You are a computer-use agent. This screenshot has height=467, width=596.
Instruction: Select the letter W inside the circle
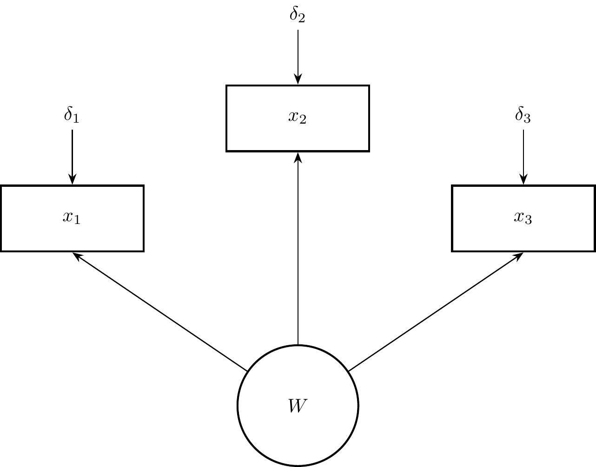point(298,406)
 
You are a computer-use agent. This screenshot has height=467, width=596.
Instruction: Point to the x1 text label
point(72,217)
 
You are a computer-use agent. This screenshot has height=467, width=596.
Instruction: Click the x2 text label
point(298,118)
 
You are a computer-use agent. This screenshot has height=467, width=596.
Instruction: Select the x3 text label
point(523,217)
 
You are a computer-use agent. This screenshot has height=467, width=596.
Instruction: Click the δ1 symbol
point(72,115)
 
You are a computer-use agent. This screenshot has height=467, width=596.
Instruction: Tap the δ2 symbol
point(298,15)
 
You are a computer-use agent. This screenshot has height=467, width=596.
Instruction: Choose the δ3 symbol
point(523,115)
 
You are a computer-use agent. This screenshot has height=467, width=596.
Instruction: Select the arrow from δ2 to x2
point(298,56)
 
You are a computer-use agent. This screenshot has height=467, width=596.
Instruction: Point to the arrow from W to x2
point(298,251)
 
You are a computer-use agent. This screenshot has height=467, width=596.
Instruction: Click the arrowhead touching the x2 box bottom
point(298,157)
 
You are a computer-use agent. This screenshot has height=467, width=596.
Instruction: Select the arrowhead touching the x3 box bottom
point(518,256)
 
